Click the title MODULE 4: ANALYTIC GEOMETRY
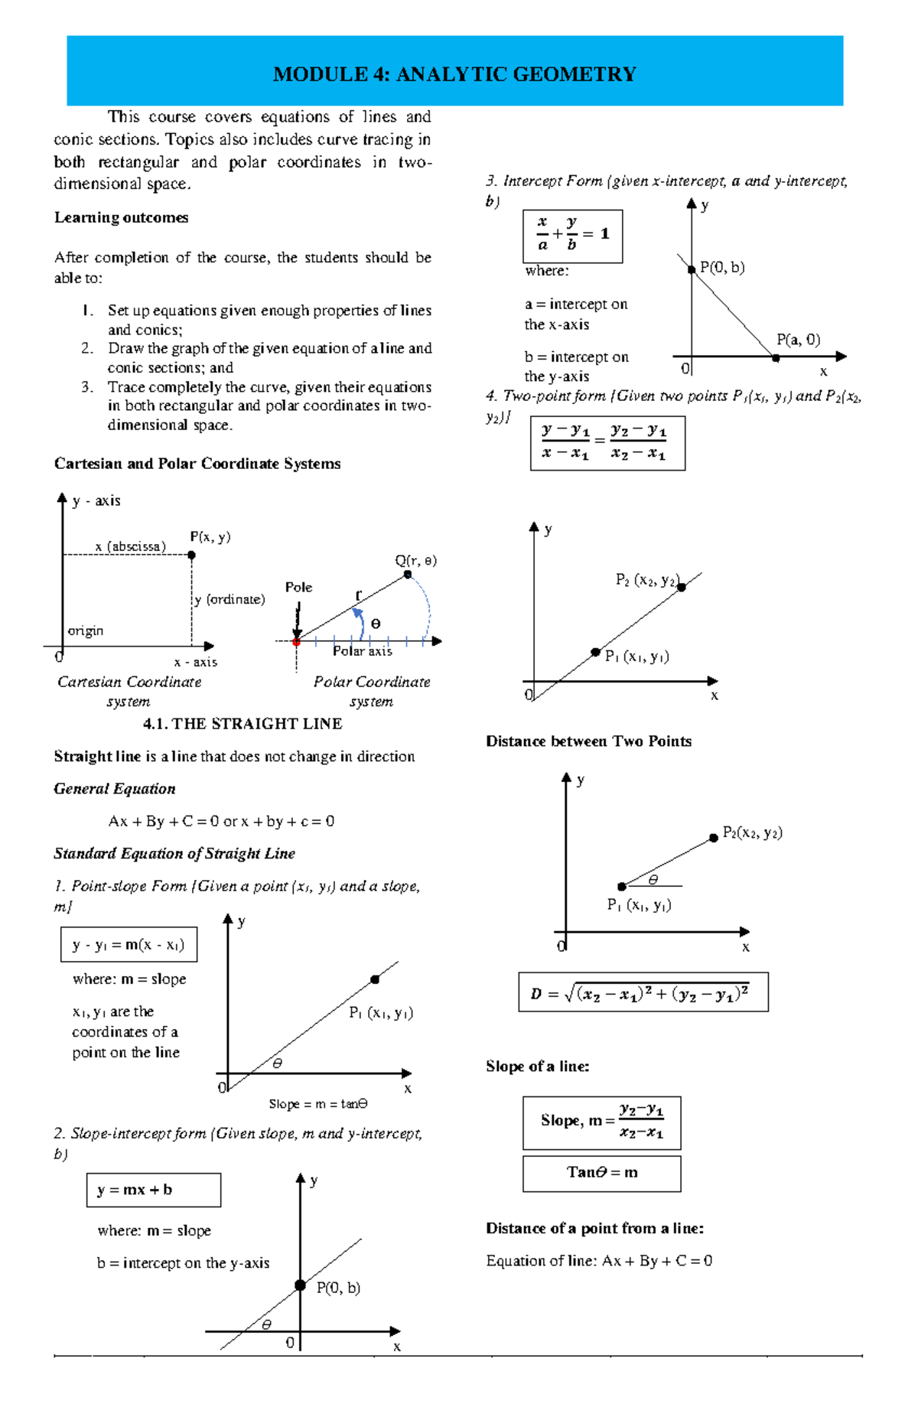(x=454, y=74)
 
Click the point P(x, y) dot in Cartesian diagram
(x=191, y=555)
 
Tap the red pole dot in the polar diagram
(x=296, y=641)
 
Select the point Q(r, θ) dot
(x=408, y=575)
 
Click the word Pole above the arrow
(x=298, y=587)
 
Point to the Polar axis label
(x=362, y=651)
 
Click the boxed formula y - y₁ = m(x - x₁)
(x=129, y=944)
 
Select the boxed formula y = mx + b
(x=153, y=1190)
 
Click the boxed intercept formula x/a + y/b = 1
(x=572, y=235)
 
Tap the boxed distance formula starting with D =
(x=643, y=992)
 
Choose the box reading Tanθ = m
(x=601, y=1173)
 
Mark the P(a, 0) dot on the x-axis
(x=776, y=357)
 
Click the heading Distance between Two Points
(x=588, y=741)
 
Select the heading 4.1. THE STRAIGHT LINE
(x=243, y=724)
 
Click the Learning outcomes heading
(x=121, y=217)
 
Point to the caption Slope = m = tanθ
(x=318, y=1104)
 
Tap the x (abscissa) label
(x=130, y=546)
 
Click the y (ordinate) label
(x=229, y=599)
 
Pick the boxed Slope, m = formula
(x=601, y=1122)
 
